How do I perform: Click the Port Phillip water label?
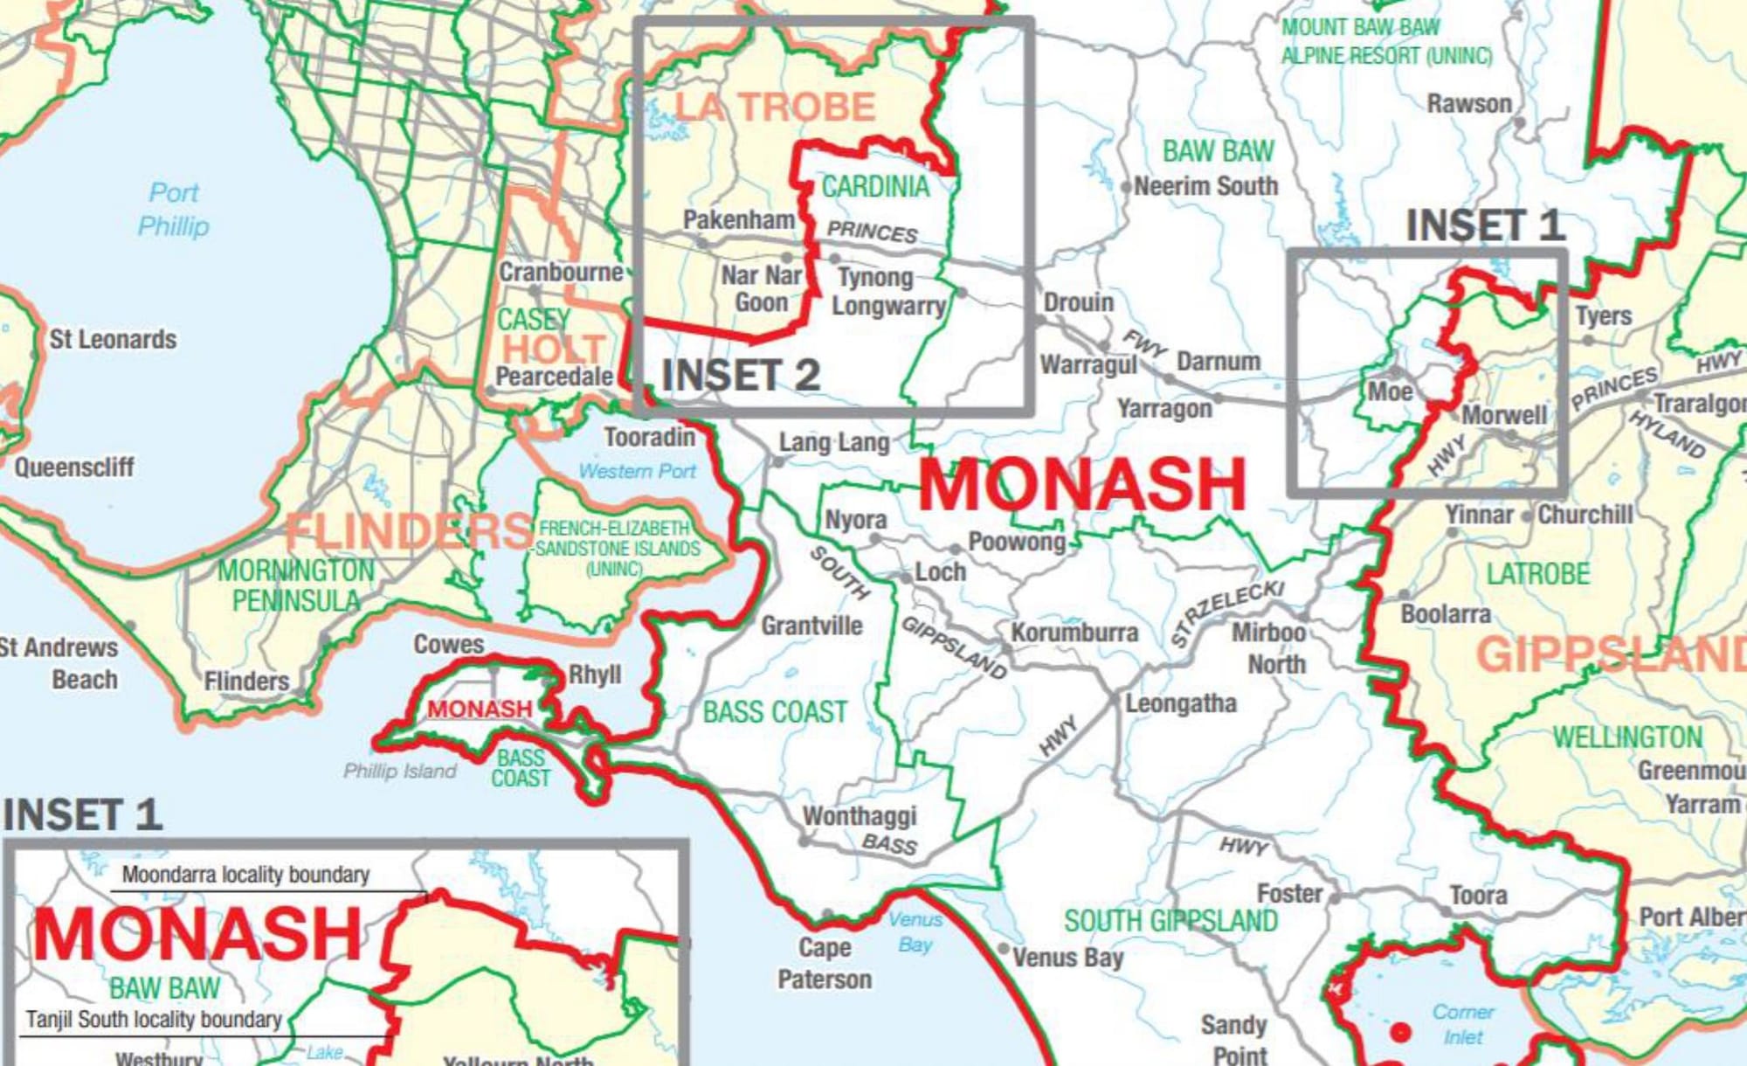(174, 209)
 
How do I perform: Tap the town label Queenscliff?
(74, 467)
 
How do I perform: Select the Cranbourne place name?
(561, 272)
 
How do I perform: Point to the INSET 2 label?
(741, 376)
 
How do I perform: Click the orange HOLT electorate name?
(554, 349)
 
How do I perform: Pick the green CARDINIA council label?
(875, 186)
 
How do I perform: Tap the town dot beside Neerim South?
(1127, 187)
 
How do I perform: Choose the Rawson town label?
(1469, 103)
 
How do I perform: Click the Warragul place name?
(1088, 363)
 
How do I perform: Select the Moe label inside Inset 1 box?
(1390, 391)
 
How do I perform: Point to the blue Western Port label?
(638, 471)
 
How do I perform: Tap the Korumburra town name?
(1074, 632)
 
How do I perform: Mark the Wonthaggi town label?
(860, 815)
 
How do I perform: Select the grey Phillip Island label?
(399, 771)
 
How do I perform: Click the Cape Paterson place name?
(825, 963)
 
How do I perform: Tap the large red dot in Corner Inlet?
(1400, 1032)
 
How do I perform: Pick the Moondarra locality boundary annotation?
(245, 874)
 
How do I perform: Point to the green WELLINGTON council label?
(1627, 737)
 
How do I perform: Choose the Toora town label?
(1479, 895)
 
